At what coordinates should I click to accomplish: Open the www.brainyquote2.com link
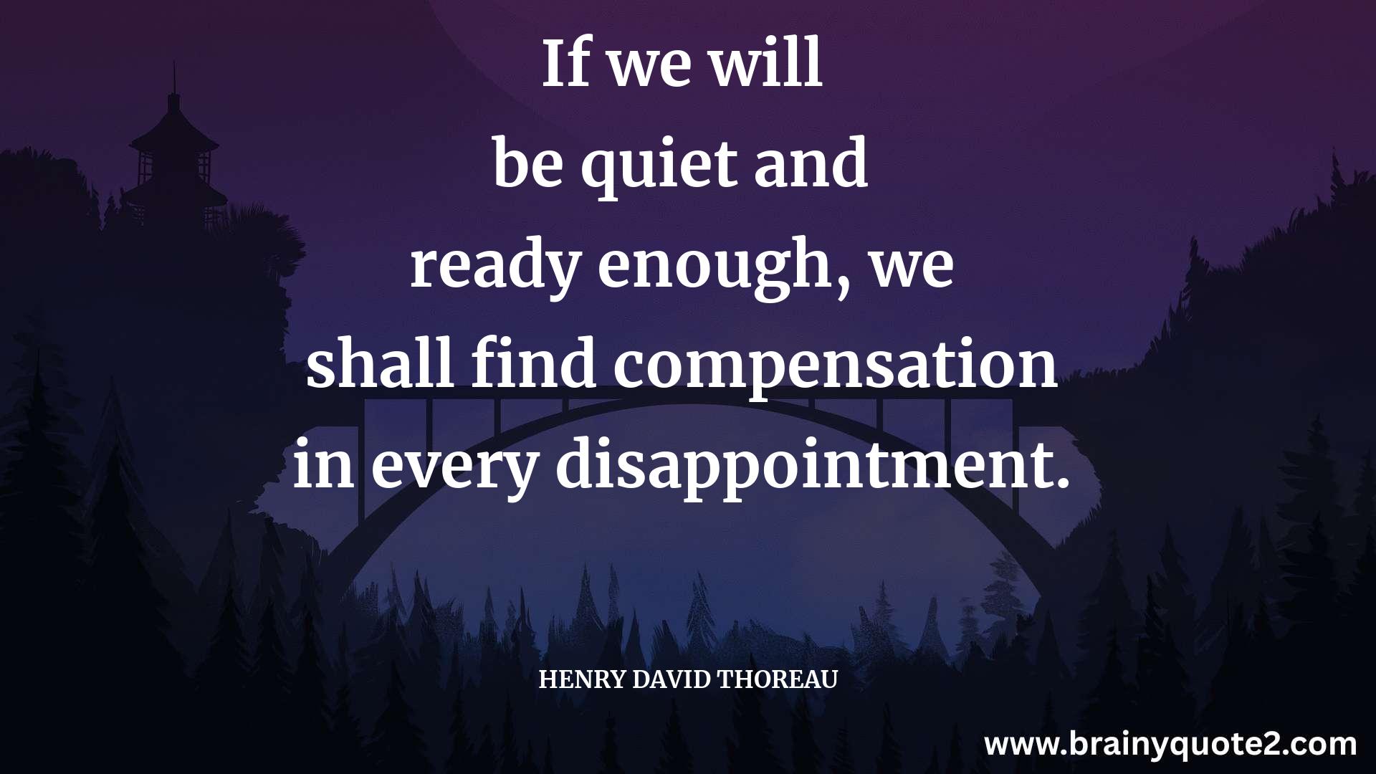(1170, 745)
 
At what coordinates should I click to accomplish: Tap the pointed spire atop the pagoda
(173, 79)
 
